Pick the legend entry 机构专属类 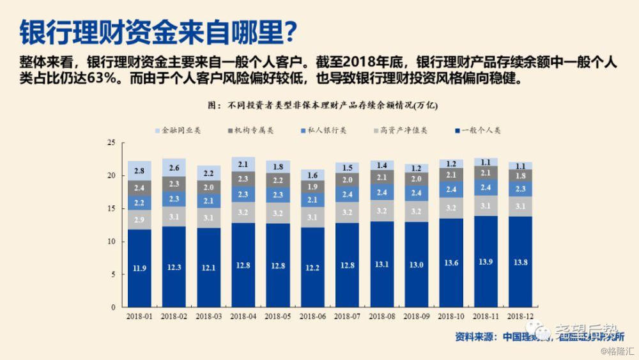[254, 130]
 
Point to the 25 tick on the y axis [111, 142]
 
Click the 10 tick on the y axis [111, 242]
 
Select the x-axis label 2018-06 [312, 316]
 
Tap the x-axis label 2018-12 [520, 316]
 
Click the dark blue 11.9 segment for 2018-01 [139, 269]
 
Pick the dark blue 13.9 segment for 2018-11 [485, 262]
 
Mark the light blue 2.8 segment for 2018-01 [139, 171]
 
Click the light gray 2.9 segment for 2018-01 [139, 219]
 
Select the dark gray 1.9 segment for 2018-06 [312, 186]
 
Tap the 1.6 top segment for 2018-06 [312, 175]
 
